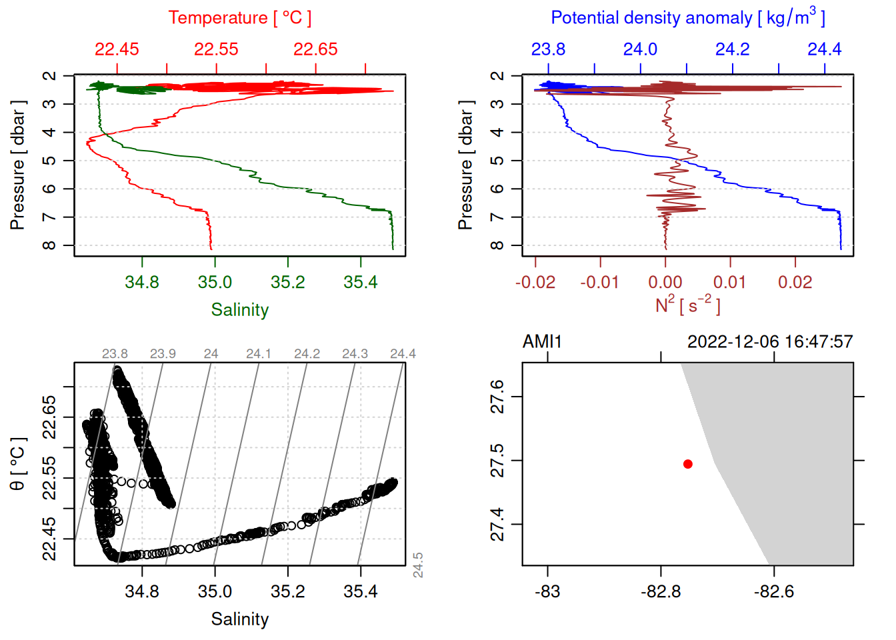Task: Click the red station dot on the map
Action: [x=688, y=464]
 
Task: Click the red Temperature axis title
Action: [x=239, y=18]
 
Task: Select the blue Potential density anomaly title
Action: [x=687, y=17]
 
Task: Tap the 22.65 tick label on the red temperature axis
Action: [x=315, y=49]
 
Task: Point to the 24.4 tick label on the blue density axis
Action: [x=825, y=49]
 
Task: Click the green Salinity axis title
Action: [x=239, y=310]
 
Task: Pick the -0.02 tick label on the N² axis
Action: [x=535, y=283]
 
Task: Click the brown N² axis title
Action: [x=687, y=305]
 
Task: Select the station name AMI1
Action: [x=542, y=342]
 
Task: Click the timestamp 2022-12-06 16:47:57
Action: [x=770, y=342]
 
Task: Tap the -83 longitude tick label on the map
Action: [x=547, y=592]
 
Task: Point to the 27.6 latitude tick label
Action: [x=498, y=397]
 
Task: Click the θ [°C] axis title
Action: [x=18, y=464]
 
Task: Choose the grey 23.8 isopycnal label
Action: [x=115, y=354]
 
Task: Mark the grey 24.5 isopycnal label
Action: [x=418, y=565]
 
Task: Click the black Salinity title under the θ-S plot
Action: [x=239, y=619]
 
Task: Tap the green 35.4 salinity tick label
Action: [x=360, y=283]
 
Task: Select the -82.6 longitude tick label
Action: [x=774, y=592]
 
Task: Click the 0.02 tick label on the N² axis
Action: [x=795, y=283]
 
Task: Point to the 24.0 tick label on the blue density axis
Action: [x=640, y=49]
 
